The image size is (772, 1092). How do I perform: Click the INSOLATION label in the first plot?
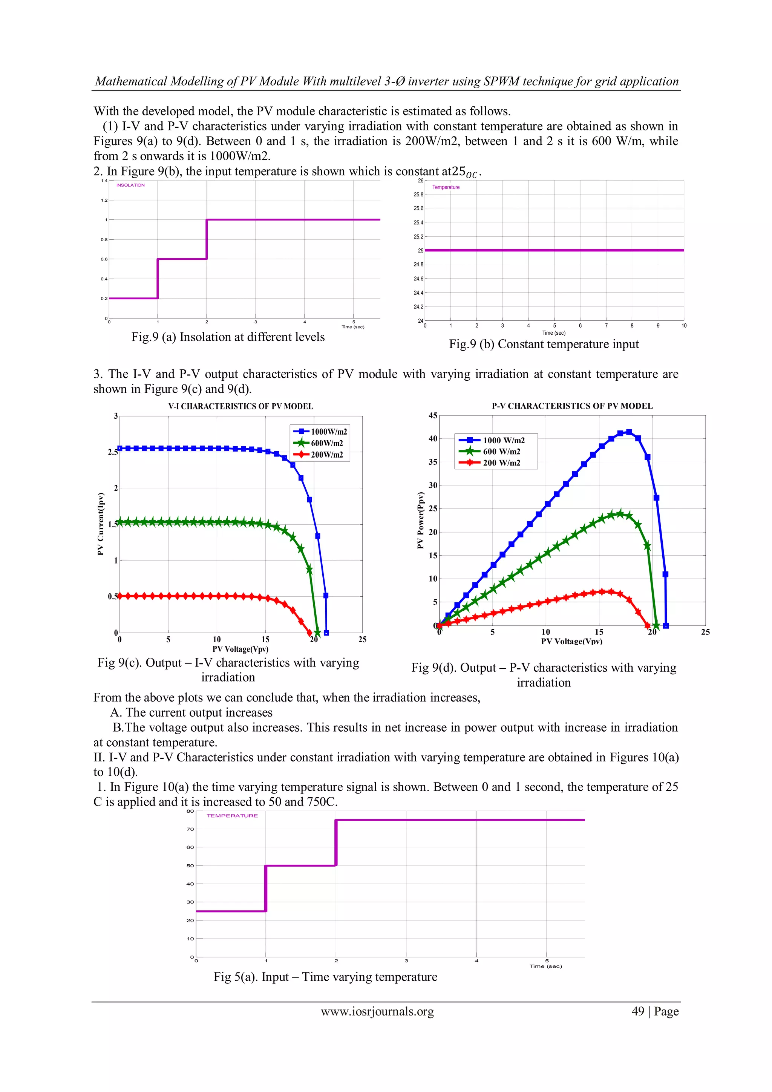pyautogui.click(x=130, y=185)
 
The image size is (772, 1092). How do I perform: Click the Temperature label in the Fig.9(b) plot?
pyautogui.click(x=446, y=187)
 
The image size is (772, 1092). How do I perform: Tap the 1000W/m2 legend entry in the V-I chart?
pyautogui.click(x=328, y=431)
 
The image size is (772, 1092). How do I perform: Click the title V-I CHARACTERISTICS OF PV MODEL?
pyautogui.click(x=241, y=406)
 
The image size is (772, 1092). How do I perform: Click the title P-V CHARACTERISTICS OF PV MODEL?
pyautogui.click(x=572, y=406)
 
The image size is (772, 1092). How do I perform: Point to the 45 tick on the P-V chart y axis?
pyautogui.click(x=433, y=416)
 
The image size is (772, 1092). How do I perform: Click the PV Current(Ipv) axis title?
pyautogui.click(x=100, y=524)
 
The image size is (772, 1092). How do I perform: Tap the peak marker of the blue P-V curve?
pyautogui.click(x=629, y=432)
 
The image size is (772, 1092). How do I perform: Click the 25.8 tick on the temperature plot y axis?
pyautogui.click(x=418, y=195)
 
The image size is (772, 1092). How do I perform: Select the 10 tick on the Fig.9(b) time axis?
pyautogui.click(x=683, y=326)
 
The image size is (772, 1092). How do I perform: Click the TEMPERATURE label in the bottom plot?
pyautogui.click(x=232, y=816)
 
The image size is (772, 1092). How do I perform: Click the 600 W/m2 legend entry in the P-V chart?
pyautogui.click(x=501, y=451)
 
